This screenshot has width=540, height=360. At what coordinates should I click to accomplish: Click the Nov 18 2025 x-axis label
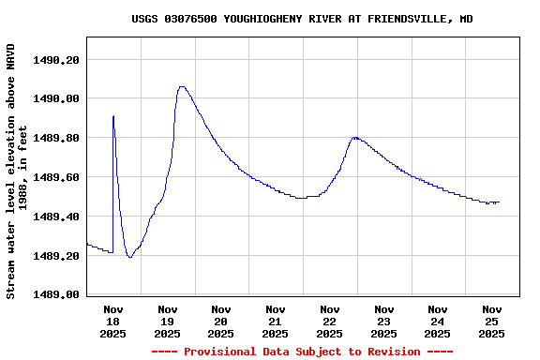[113, 321]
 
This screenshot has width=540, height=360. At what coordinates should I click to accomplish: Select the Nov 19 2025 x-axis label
[167, 321]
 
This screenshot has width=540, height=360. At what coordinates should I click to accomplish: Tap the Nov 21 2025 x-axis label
[276, 321]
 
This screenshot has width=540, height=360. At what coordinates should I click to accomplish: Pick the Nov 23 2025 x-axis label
[383, 321]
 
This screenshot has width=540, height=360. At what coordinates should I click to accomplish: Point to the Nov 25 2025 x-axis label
[492, 321]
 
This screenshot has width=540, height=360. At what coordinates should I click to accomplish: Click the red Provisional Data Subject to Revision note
[302, 352]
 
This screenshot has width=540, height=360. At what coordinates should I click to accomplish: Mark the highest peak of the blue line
[182, 86]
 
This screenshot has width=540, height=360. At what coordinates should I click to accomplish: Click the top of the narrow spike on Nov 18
[113, 115]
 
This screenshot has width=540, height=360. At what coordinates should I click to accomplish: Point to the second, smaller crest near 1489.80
[354, 137]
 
